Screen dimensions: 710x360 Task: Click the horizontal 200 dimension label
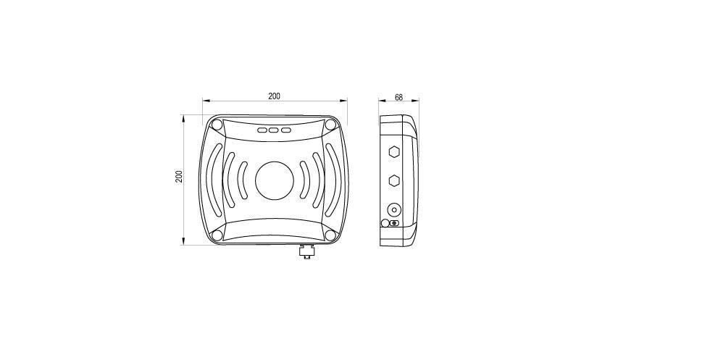[x=274, y=96]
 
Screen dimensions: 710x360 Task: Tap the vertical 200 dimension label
[x=180, y=177]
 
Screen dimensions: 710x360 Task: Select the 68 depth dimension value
[x=399, y=97]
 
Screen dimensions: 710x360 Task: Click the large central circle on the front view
[x=275, y=180]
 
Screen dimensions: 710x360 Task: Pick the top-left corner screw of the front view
[x=217, y=125]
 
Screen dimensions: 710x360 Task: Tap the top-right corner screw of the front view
[x=331, y=125]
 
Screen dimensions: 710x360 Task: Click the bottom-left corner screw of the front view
[x=217, y=235]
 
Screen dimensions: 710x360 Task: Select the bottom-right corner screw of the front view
[x=331, y=235]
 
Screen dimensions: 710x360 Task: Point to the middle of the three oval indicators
[x=274, y=130]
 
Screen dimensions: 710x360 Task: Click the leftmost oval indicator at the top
[x=262, y=130]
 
